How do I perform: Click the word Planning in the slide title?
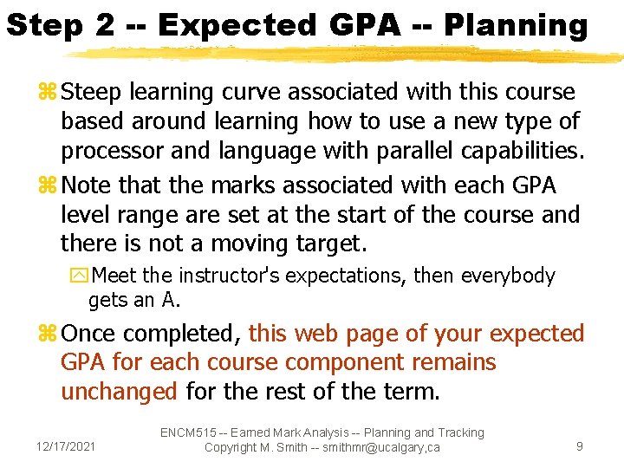tap(516, 25)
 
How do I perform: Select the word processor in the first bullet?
tap(114, 150)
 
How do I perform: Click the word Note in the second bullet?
tap(88, 185)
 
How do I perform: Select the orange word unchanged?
tap(120, 392)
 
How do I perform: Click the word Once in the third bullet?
tap(93, 334)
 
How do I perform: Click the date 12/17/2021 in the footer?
tap(66, 447)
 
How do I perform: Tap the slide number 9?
tap(579, 447)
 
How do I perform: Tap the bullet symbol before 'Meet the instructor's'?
tap(80, 276)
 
